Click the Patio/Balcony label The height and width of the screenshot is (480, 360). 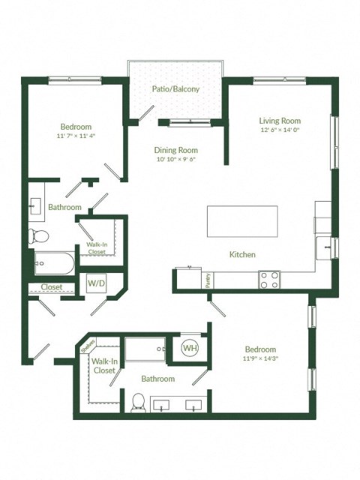click(176, 89)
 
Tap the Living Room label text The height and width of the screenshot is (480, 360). click(280, 121)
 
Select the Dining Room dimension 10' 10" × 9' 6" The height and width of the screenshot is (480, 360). click(176, 160)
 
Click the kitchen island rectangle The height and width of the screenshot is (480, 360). click(242, 221)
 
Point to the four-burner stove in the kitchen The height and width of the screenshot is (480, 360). click(270, 280)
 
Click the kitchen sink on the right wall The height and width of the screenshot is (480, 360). click(325, 244)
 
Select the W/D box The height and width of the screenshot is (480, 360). click(96, 283)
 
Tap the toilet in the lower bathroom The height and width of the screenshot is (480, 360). click(137, 403)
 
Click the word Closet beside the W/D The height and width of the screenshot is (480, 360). click(51, 286)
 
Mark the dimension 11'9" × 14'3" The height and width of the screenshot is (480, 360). click(260, 359)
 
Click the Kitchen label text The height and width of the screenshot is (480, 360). click(242, 255)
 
